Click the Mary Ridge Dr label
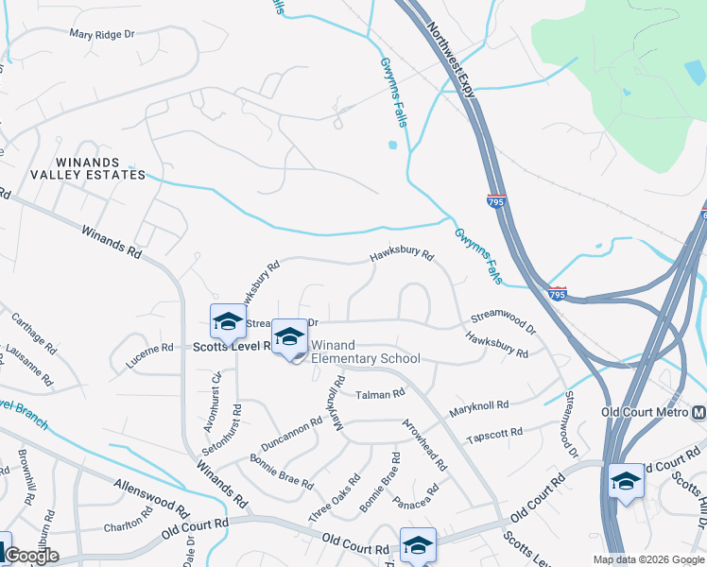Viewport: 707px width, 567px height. tap(103, 33)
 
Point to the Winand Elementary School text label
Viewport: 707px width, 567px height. tap(365, 352)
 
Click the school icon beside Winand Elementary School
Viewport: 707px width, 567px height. tap(290, 338)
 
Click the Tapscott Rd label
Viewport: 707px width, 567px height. tap(494, 435)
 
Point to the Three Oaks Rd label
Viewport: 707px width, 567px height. tap(334, 502)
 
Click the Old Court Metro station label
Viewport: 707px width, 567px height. tap(646, 413)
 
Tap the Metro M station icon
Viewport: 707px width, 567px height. tap(698, 413)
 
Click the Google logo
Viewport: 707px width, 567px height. tap(31, 556)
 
